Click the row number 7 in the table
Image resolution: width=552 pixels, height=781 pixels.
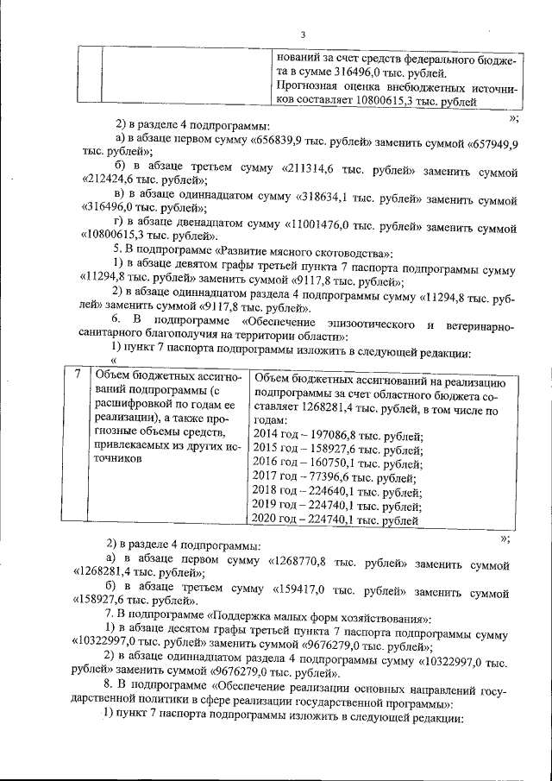[78, 374]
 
